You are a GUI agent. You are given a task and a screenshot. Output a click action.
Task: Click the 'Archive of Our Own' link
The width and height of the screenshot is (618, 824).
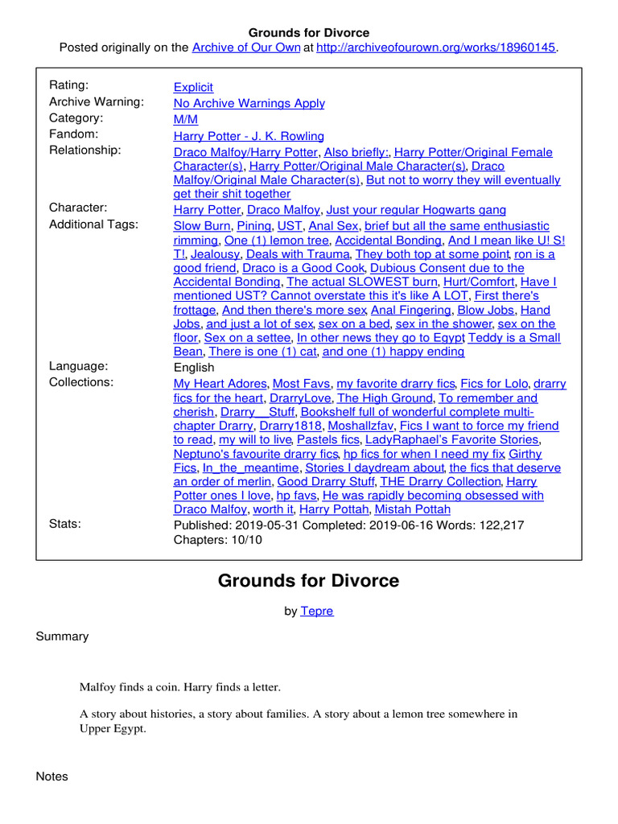(245, 47)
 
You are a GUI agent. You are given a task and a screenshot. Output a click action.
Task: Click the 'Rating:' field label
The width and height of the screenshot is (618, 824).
(69, 85)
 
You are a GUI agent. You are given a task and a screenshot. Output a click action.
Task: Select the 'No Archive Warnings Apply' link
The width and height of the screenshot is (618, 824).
(249, 103)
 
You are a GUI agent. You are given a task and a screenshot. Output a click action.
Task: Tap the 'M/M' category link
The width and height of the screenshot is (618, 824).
(184, 119)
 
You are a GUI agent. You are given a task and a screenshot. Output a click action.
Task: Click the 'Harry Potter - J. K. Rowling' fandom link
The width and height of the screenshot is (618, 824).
(249, 136)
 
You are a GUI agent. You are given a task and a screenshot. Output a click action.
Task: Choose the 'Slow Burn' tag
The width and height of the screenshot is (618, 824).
(203, 226)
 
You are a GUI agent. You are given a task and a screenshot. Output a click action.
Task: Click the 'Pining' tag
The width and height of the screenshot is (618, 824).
(254, 226)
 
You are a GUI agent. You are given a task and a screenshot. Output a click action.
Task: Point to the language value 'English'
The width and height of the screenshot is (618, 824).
(194, 367)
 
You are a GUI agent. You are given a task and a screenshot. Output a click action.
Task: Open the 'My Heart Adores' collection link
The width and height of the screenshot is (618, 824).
(221, 384)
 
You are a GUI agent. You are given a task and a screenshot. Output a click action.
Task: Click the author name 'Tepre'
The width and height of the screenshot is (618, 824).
(316, 611)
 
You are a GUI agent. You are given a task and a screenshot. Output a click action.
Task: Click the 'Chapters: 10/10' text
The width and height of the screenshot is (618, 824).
(217, 540)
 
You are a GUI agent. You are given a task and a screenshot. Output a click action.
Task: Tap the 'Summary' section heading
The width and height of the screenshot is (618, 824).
(62, 637)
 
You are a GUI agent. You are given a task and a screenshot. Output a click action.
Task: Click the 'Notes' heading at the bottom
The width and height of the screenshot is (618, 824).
(52, 777)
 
